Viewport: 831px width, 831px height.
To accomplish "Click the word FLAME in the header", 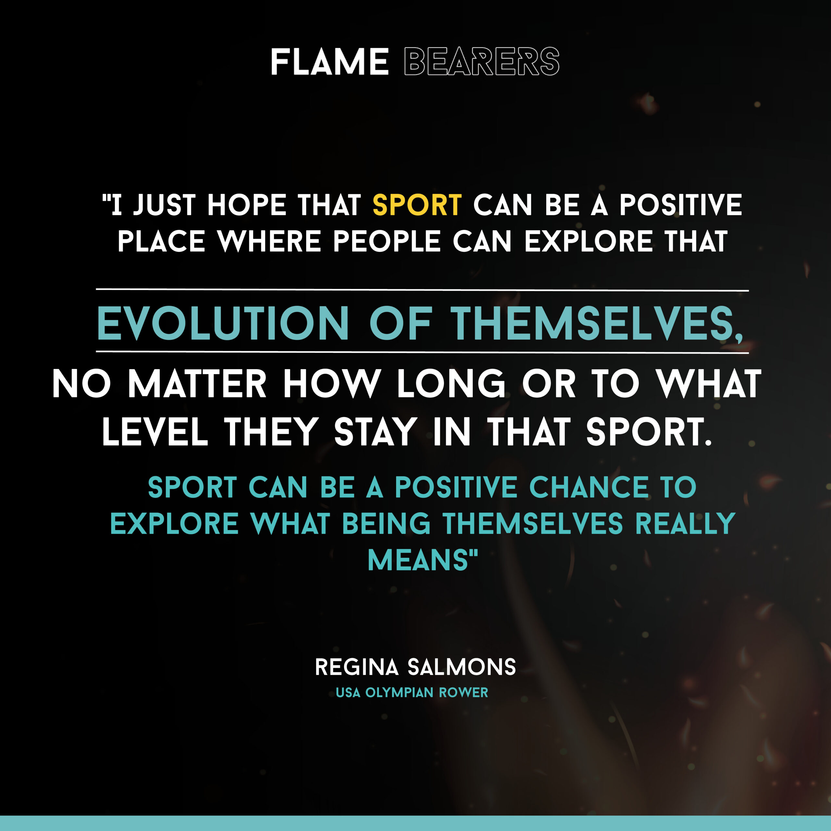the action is pyautogui.click(x=329, y=61).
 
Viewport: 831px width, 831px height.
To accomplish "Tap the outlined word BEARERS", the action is pyautogui.click(x=482, y=61).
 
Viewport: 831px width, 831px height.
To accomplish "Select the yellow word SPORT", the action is pyautogui.click(x=417, y=205).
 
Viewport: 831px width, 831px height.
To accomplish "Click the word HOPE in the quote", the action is pyautogui.click(x=246, y=205).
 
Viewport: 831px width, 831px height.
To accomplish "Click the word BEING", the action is pyautogui.click(x=386, y=524).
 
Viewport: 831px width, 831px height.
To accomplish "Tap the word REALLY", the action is pyautogui.click(x=686, y=524).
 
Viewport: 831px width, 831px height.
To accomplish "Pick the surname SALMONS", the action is pyautogui.click(x=462, y=667).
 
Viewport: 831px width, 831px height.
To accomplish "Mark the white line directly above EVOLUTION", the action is pyautogui.click(x=422, y=290).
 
